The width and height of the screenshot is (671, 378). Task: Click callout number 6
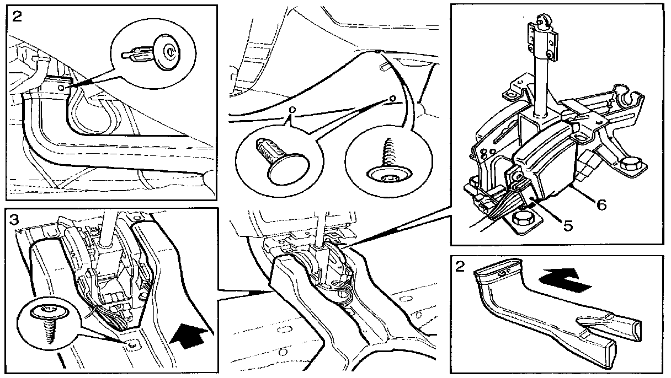coord(601,204)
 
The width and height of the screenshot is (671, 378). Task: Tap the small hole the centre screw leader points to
coord(392,100)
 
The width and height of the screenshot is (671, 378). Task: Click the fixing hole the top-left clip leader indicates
coord(66,87)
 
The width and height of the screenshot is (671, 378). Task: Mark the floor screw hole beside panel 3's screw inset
coord(132,345)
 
